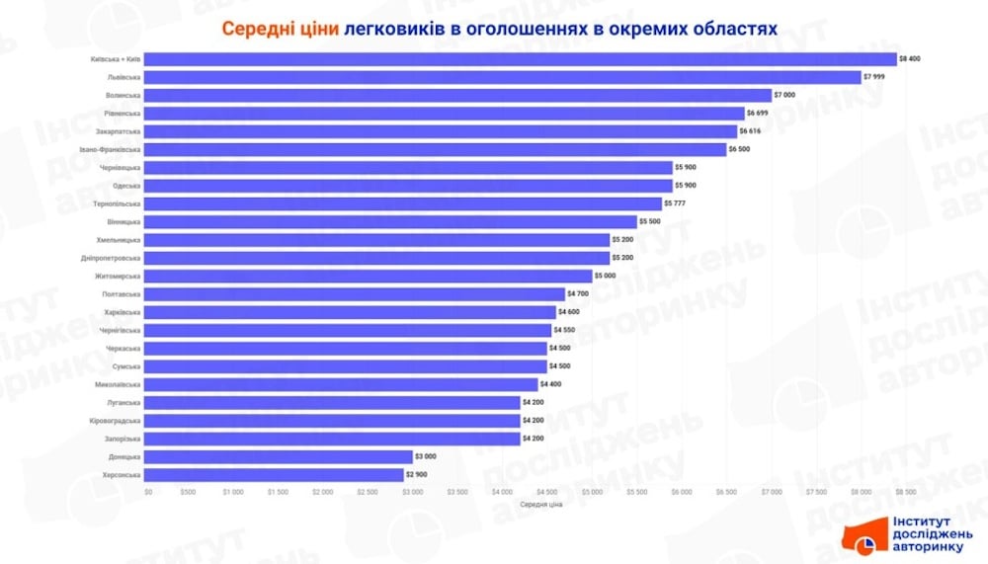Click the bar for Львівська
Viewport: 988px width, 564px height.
point(504,77)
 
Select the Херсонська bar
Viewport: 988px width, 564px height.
point(276,475)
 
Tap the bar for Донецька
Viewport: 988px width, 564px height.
point(280,456)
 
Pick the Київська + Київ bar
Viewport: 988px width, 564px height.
point(521,59)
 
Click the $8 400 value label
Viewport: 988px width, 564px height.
point(909,59)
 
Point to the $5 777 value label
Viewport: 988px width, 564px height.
point(675,203)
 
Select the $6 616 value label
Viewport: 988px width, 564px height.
point(751,131)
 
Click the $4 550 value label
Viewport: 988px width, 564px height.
point(564,330)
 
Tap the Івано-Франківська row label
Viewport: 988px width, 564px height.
point(110,149)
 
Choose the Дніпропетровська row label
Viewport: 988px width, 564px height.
point(111,258)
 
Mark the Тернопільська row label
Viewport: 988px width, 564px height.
point(117,203)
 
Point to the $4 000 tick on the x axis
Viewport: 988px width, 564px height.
point(502,491)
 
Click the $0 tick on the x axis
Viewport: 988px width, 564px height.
point(148,491)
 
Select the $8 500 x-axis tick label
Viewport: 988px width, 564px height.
point(906,491)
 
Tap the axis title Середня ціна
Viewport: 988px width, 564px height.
point(540,505)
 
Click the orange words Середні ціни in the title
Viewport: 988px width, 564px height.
point(280,29)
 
